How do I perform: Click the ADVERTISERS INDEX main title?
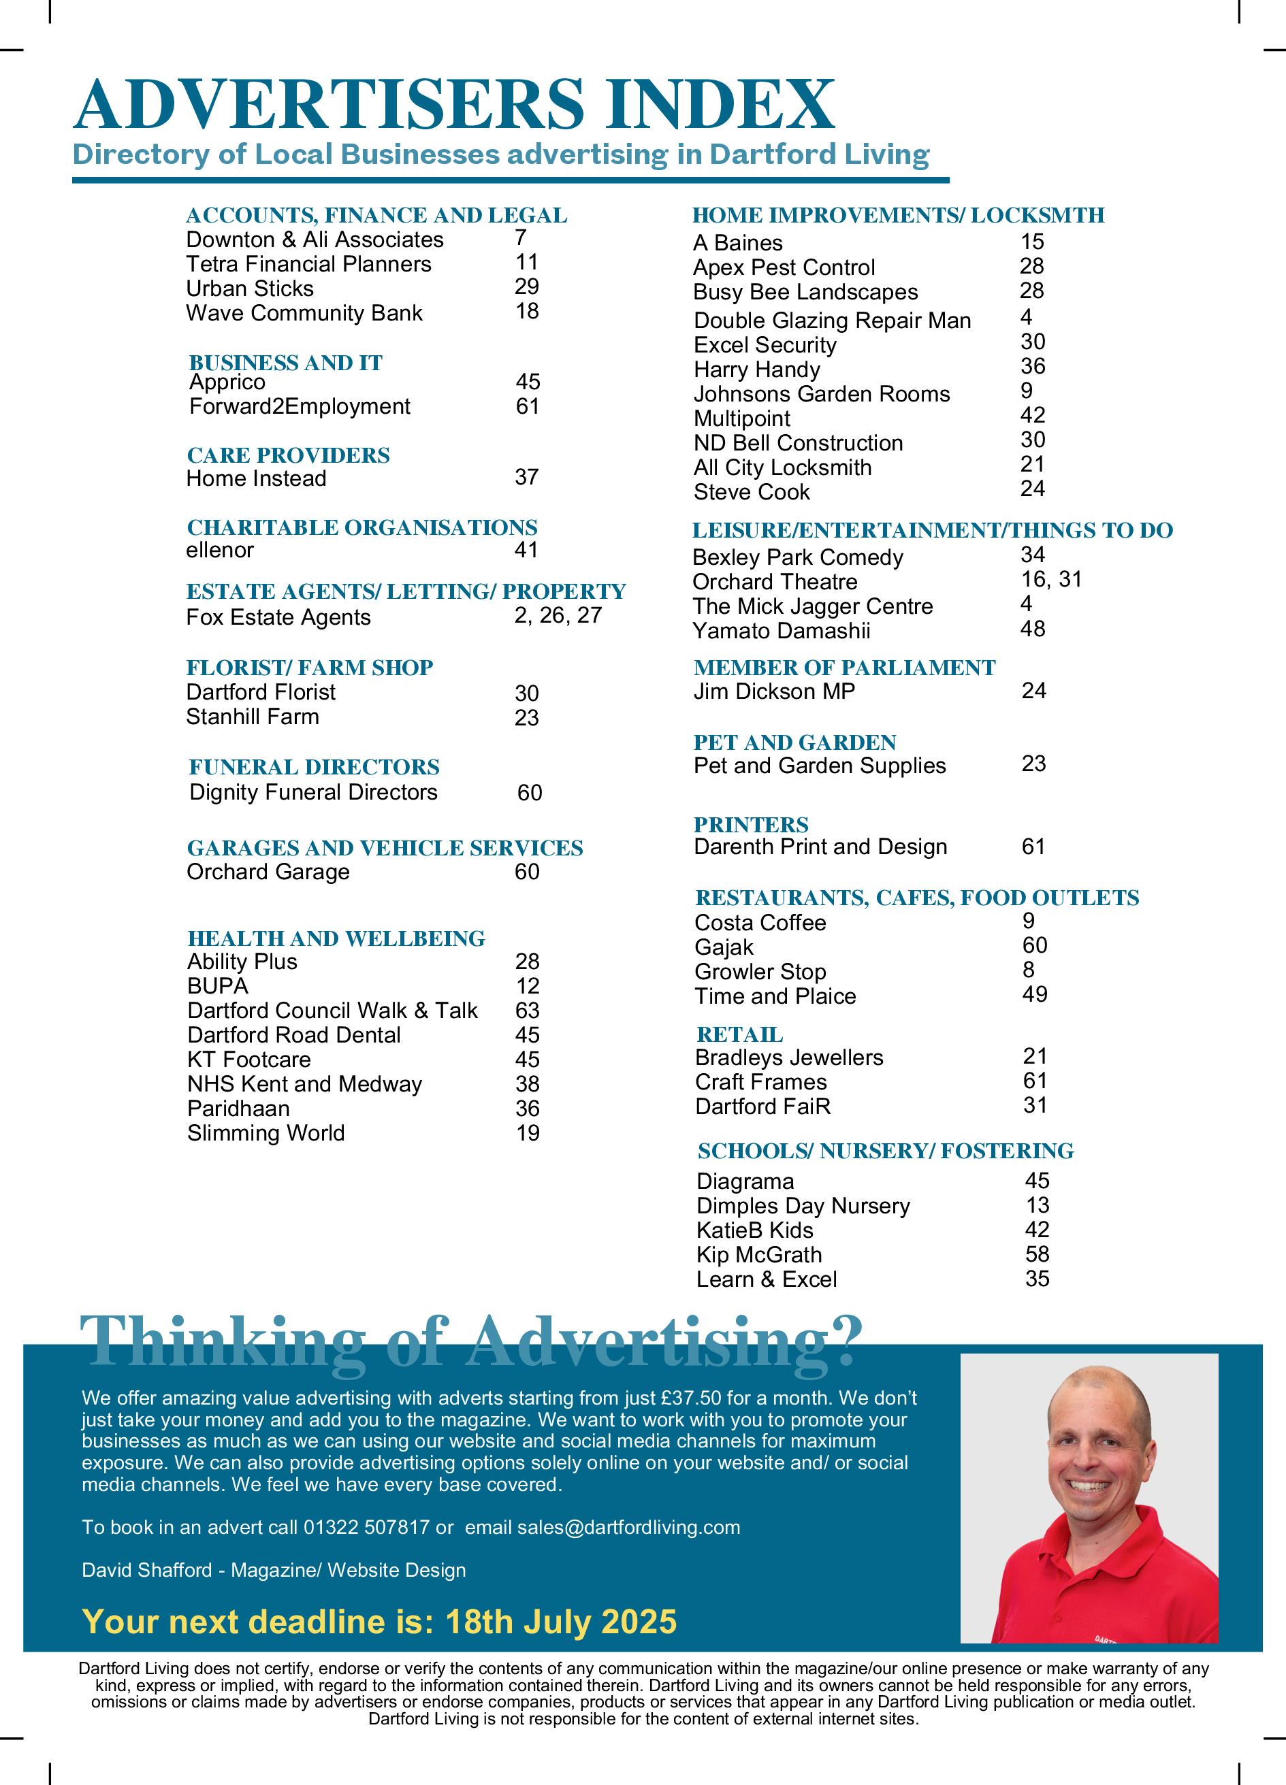[453, 104]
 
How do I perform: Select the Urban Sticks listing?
[250, 289]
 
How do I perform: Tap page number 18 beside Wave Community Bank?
[527, 312]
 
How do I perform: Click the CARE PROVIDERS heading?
[288, 456]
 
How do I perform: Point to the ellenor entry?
[220, 550]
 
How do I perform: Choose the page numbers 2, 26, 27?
[558, 615]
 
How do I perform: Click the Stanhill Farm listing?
[253, 717]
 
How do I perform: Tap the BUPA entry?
[217, 986]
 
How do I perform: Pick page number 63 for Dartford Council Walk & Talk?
[527, 1011]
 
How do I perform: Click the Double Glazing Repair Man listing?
[832, 321]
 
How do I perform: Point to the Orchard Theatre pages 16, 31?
[1051, 580]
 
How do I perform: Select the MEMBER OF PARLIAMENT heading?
[844, 668]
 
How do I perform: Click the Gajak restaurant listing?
[724, 947]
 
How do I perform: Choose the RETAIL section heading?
[739, 1035]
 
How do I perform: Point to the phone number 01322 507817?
[366, 1528]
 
